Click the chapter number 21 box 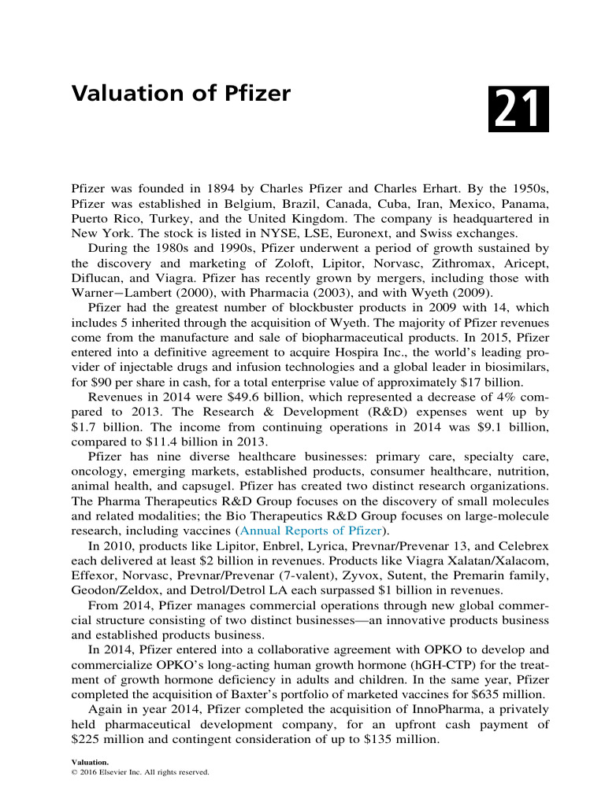pos(518,110)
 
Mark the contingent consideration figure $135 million pos(401,741)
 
